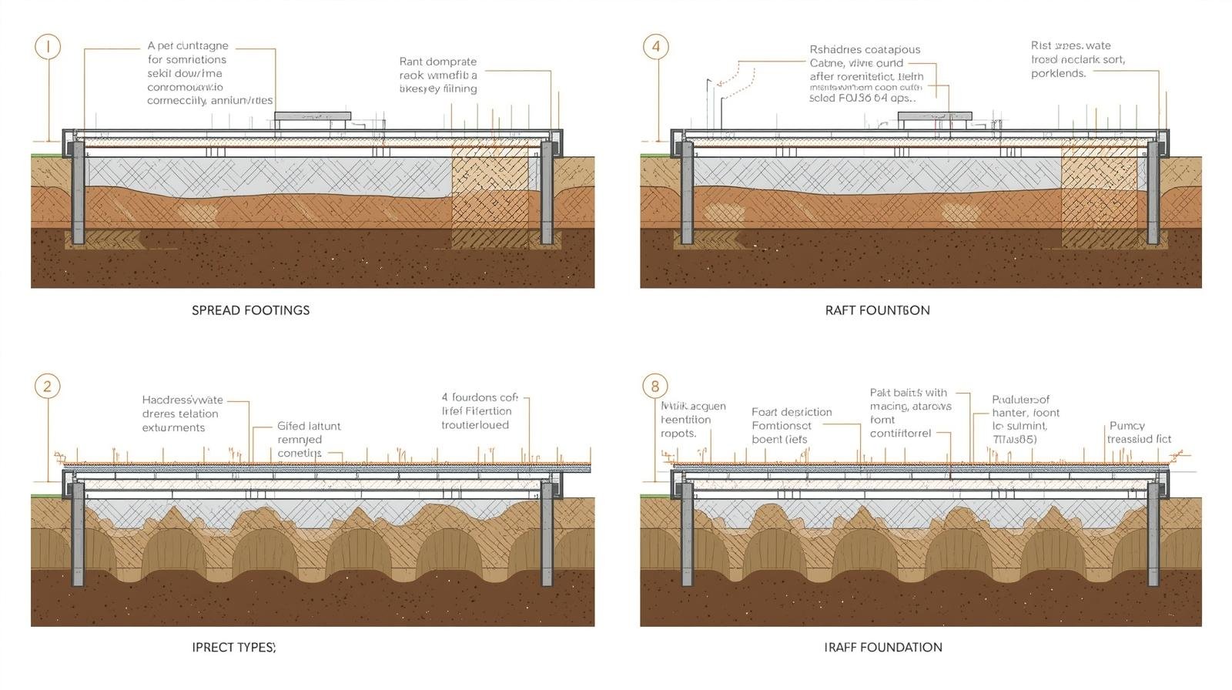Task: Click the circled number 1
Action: point(48,46)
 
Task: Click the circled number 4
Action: point(655,46)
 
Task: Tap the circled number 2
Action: point(48,386)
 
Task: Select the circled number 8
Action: point(655,386)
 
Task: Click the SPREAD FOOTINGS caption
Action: point(250,310)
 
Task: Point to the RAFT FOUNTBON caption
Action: point(877,310)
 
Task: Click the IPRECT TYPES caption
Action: point(233,647)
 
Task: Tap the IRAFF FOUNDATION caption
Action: point(882,647)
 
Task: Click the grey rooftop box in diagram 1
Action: point(313,116)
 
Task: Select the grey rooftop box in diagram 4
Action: point(935,116)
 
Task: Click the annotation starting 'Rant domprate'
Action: point(438,75)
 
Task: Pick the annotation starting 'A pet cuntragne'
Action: point(209,73)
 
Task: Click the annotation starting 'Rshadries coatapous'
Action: point(866,74)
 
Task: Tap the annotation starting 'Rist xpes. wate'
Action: point(1077,59)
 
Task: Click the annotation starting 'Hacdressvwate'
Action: point(182,414)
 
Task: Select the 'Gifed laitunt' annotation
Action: point(309,440)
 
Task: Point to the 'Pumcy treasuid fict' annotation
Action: point(1139,432)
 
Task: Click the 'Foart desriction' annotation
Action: point(792,426)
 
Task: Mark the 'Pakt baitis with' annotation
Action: point(910,413)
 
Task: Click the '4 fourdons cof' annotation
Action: point(480,410)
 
